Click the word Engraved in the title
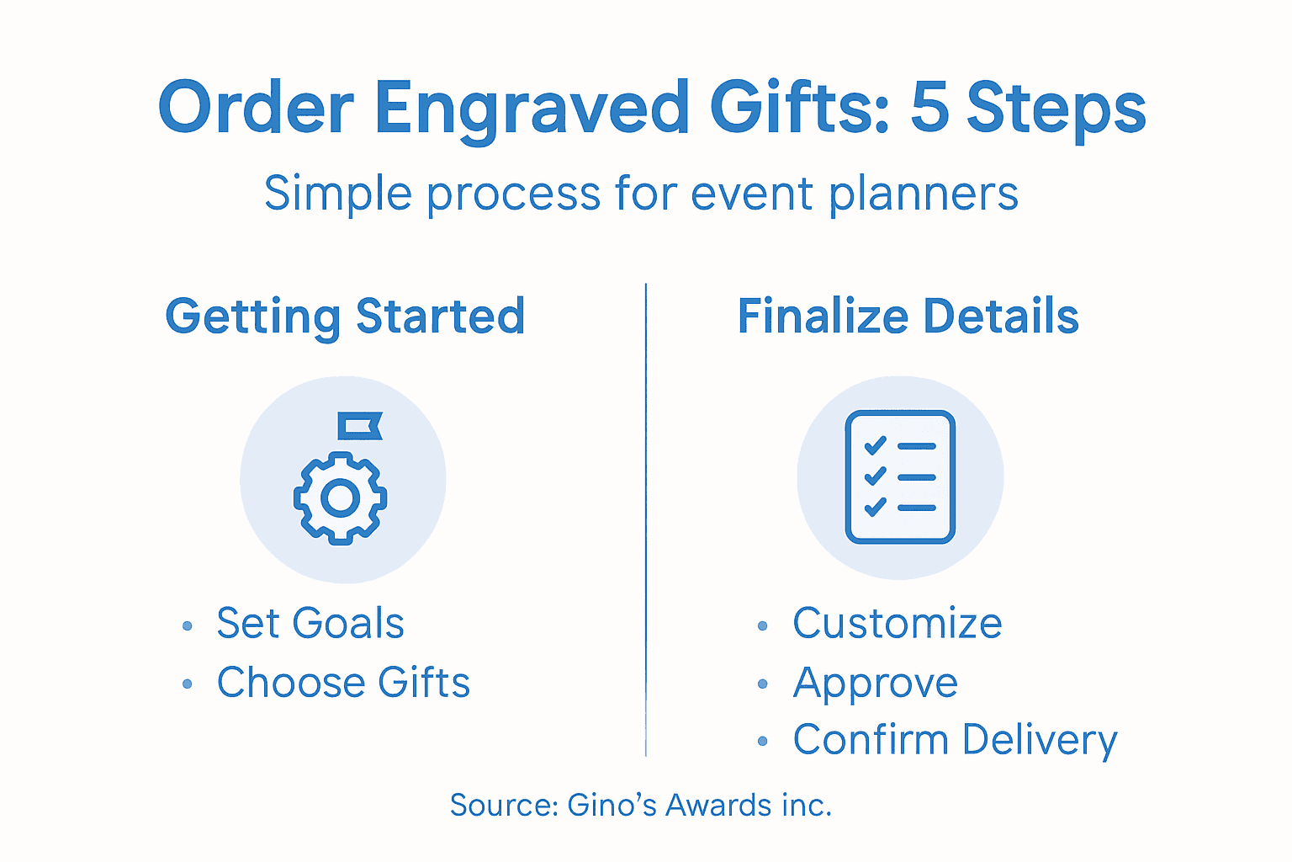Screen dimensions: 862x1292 click(x=532, y=109)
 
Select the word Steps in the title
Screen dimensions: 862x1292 click(x=1056, y=109)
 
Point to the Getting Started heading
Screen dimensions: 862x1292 click(x=345, y=317)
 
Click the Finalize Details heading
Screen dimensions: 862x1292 click(x=908, y=317)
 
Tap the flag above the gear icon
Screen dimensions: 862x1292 click(x=359, y=425)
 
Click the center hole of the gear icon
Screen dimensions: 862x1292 click(x=340, y=498)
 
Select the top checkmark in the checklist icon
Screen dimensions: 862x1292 click(x=876, y=444)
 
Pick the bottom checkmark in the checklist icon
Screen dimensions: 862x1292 click(x=876, y=507)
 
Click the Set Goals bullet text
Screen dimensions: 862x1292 click(x=310, y=624)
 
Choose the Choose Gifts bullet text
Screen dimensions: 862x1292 click(x=343, y=683)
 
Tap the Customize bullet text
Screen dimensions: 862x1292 click(x=897, y=624)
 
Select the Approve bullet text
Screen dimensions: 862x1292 click(x=875, y=683)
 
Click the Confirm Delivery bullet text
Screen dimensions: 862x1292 click(x=955, y=740)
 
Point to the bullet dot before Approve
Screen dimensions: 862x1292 click(x=763, y=684)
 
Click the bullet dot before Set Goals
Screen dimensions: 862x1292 click(x=187, y=626)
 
